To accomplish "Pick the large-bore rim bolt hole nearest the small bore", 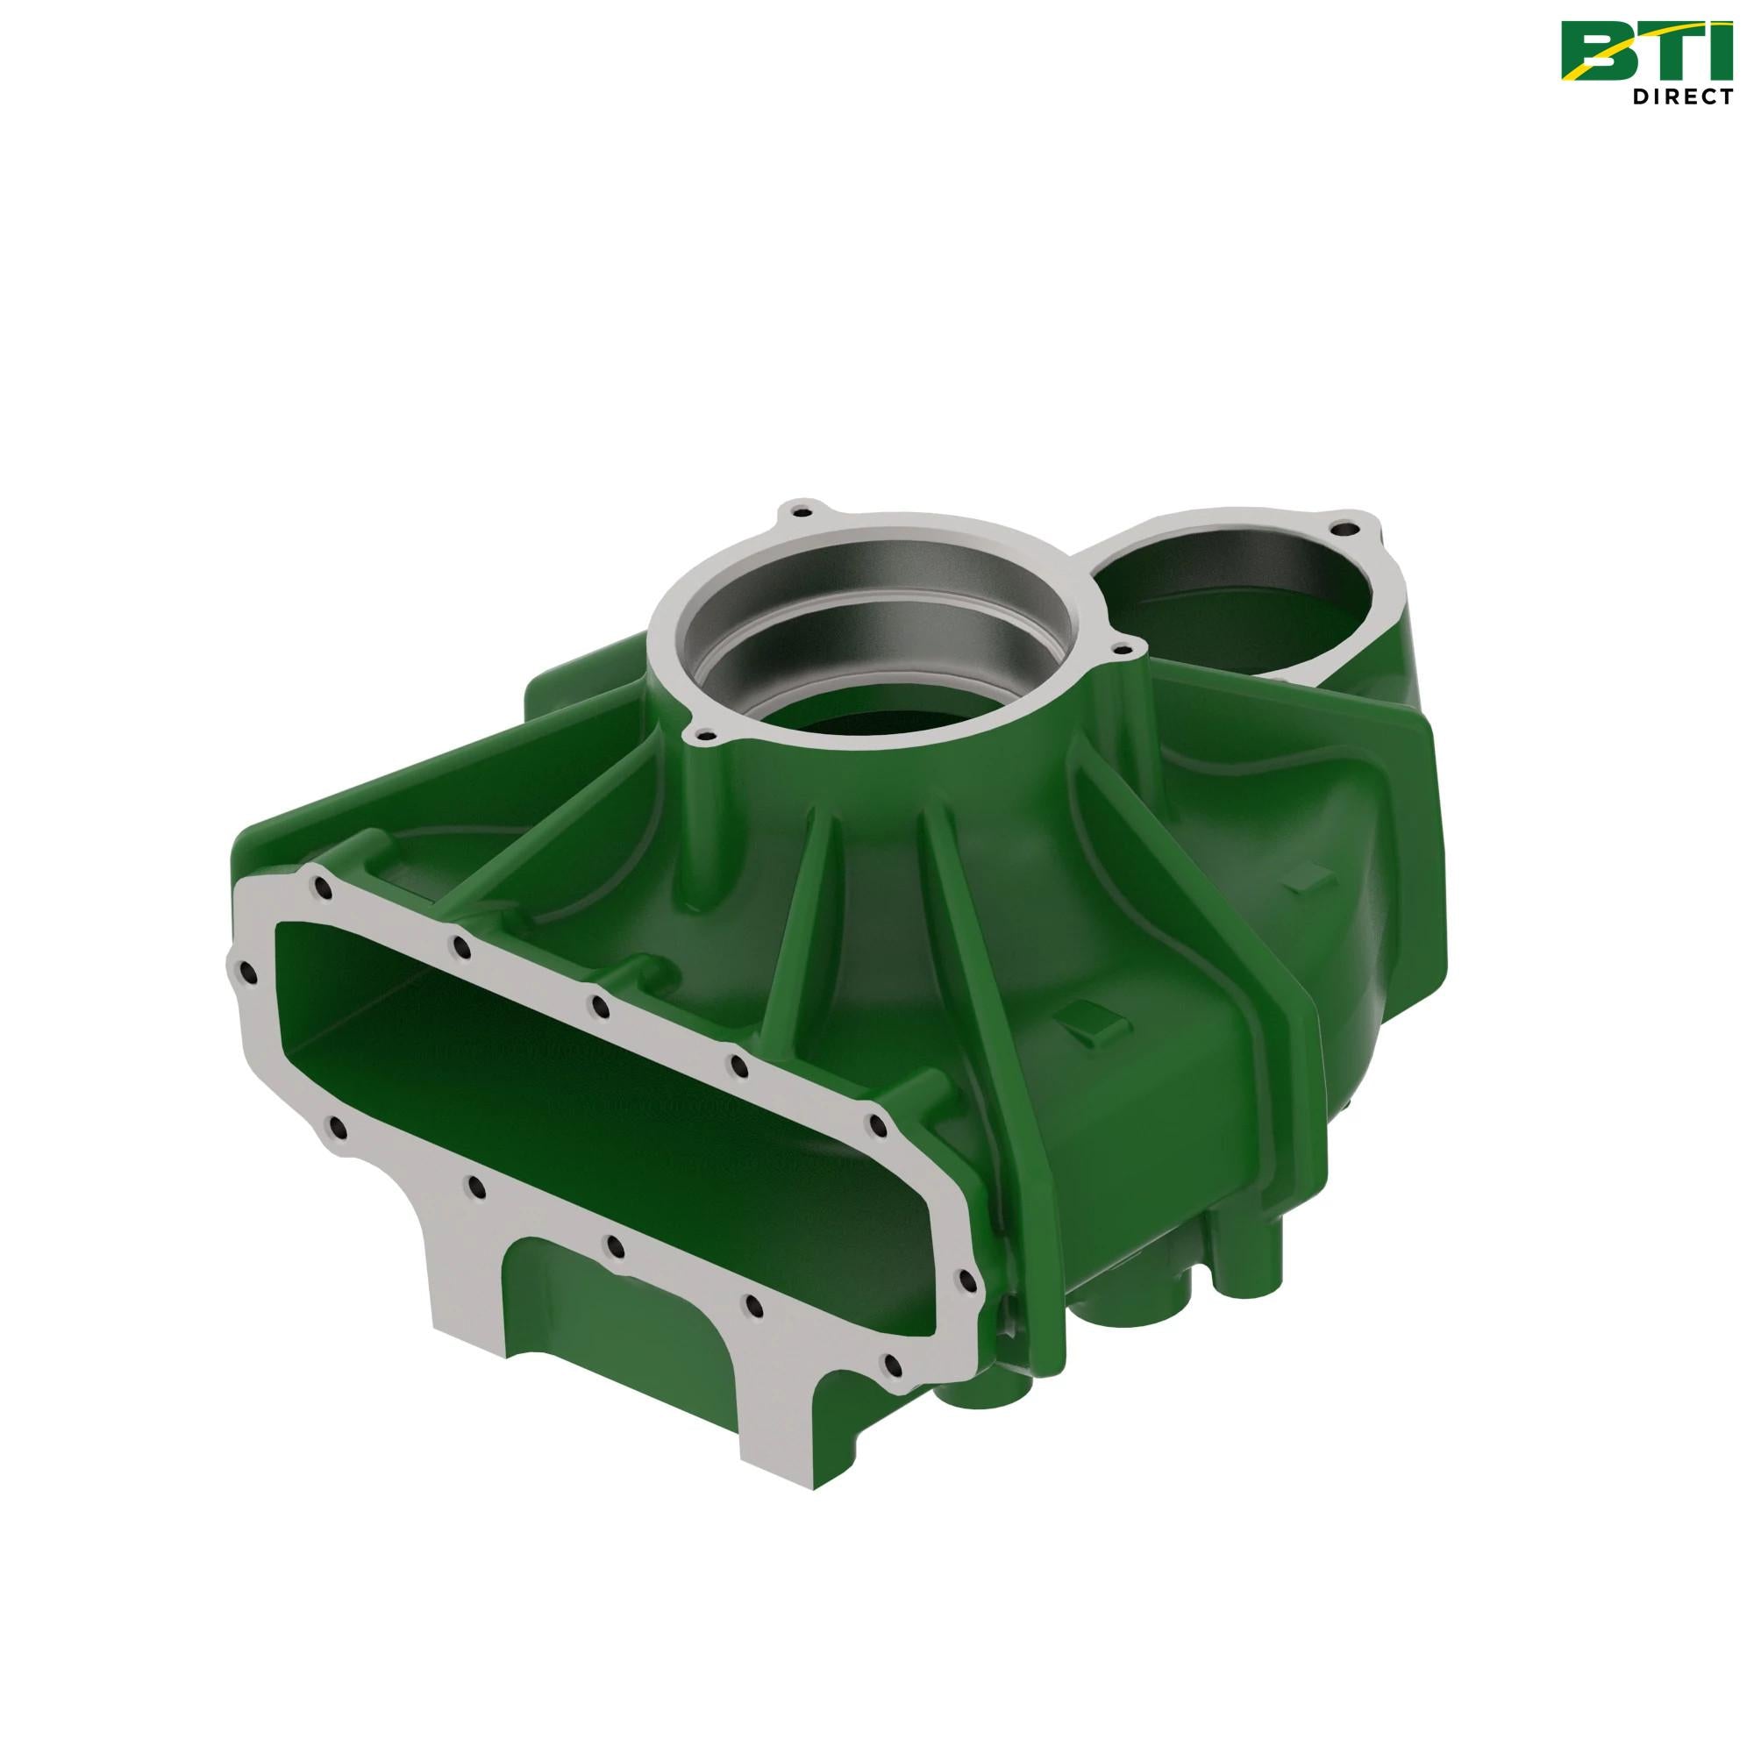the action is point(1126,648).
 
